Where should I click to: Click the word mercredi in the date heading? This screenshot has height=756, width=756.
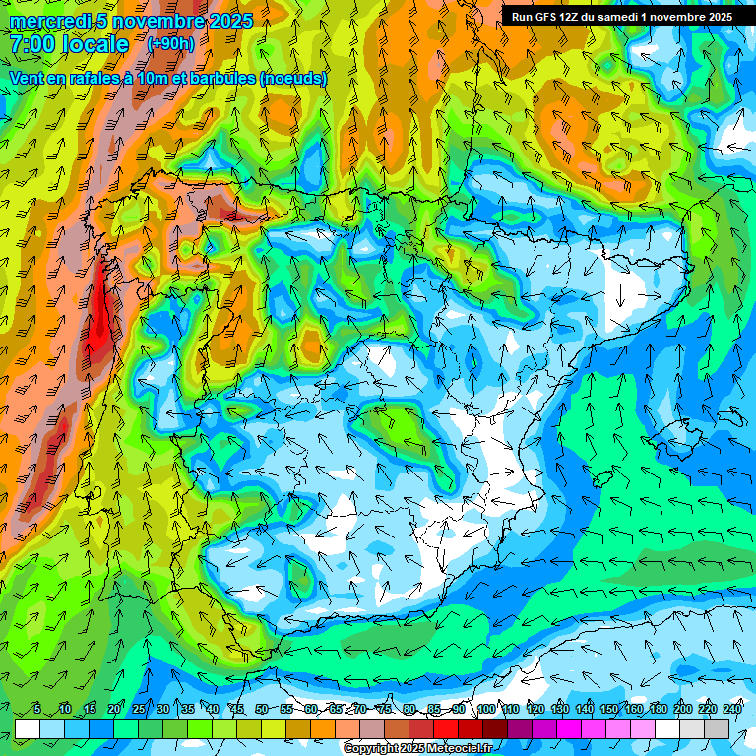coord(52,20)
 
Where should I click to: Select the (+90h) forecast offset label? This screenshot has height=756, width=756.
coord(170,44)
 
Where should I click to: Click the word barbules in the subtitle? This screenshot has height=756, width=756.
coord(221,78)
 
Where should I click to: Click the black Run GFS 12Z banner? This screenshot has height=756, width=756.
coord(621,17)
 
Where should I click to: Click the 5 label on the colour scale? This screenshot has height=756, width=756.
coord(37,710)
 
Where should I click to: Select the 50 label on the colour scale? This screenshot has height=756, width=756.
coord(262,710)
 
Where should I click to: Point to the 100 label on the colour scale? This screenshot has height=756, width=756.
coord(485,710)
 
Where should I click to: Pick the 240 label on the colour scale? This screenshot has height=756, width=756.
coord(732,710)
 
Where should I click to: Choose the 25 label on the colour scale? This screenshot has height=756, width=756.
coord(138,710)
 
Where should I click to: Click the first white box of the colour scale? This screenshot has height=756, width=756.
coord(28,728)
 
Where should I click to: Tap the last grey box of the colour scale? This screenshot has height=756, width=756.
coord(717,728)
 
